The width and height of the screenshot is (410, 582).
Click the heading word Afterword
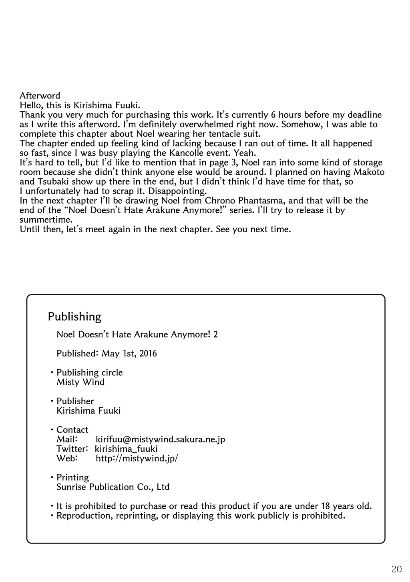[x=40, y=96]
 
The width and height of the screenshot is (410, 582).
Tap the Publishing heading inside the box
[x=74, y=316]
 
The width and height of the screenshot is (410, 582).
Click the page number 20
[x=396, y=569]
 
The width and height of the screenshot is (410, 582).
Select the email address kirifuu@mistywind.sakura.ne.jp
[x=160, y=439]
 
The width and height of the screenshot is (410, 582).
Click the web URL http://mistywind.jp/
[x=137, y=458]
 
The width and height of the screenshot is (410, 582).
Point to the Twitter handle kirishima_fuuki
[x=126, y=449]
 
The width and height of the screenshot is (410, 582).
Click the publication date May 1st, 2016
[x=129, y=353]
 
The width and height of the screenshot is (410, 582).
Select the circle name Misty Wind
[x=80, y=382]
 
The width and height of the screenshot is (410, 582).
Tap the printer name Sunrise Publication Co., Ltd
[x=113, y=487]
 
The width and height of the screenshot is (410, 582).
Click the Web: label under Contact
[x=67, y=458]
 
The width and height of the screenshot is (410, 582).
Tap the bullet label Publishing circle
[x=89, y=373]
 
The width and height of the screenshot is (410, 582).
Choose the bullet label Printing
[x=72, y=477]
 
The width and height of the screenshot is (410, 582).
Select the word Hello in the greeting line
[x=29, y=105]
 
